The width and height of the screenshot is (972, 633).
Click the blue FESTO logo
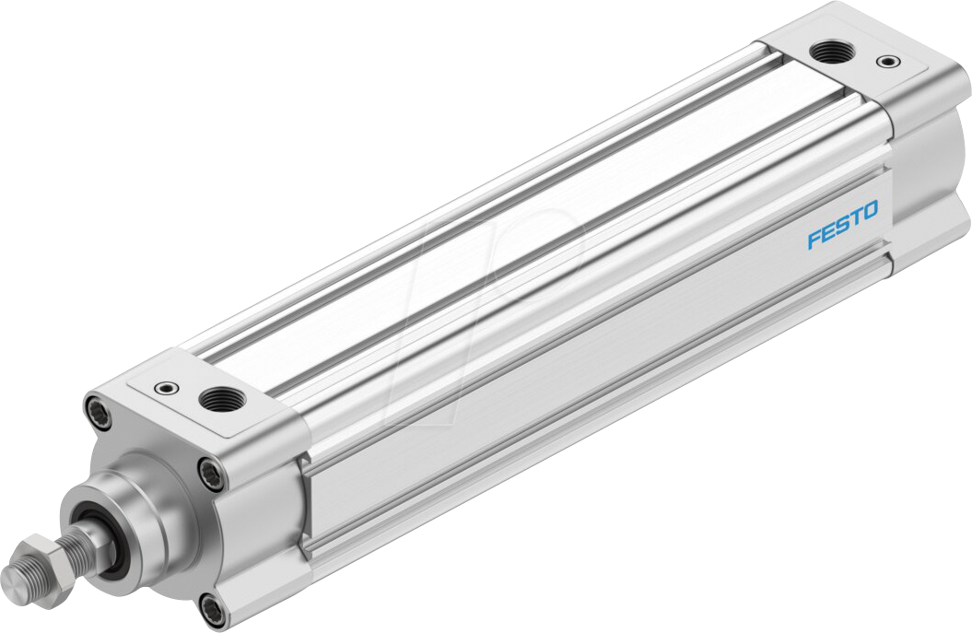843,225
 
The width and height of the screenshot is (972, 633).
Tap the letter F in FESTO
814,240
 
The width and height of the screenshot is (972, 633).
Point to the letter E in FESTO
827,233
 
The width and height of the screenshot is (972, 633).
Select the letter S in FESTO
841,226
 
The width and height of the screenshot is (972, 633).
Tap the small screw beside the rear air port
886,62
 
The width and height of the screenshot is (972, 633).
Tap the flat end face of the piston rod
13,580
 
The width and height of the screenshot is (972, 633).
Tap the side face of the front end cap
267,516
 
